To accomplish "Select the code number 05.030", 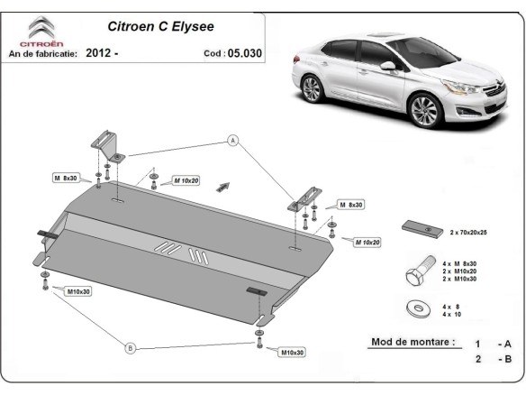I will click(244, 53).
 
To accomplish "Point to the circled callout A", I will click(232, 140).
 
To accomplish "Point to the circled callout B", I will click(130, 348).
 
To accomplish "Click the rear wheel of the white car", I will click(312, 90).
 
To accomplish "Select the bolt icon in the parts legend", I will click(419, 271).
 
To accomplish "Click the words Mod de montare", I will click(413, 343).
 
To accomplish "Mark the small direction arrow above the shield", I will click(223, 185).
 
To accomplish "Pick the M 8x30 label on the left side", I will click(69, 179).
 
